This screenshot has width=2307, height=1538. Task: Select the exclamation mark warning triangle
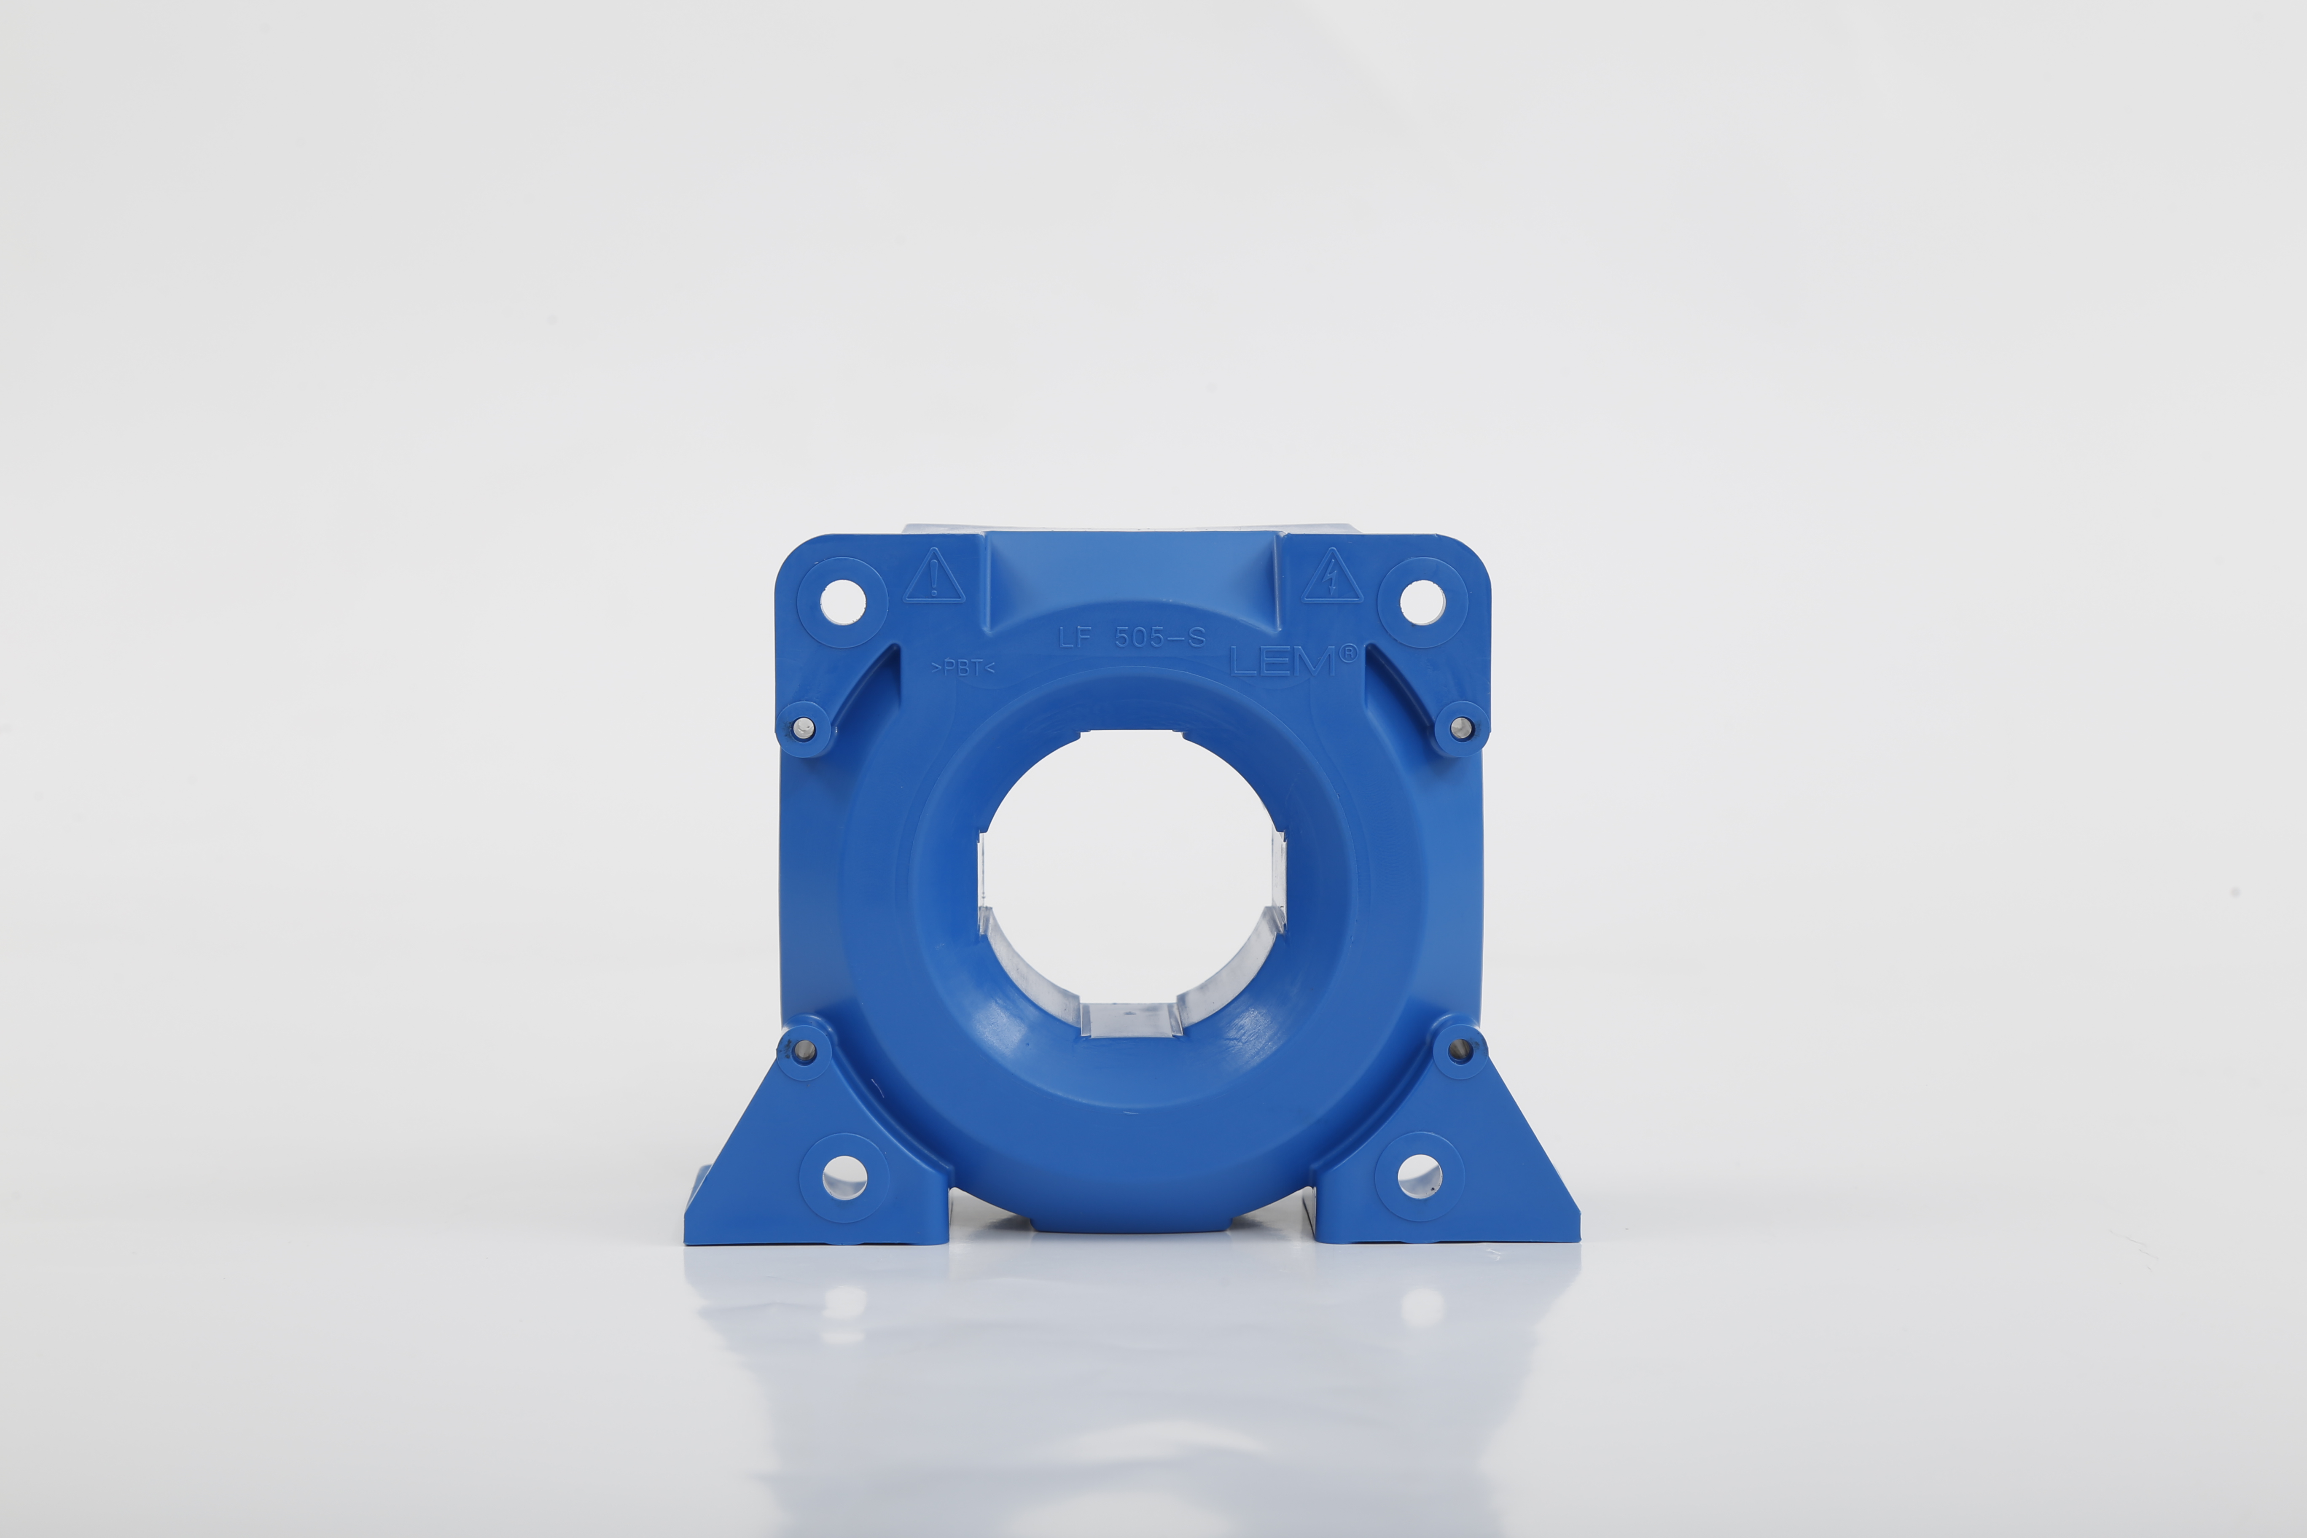tap(934, 578)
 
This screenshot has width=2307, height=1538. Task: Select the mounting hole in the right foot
tap(1419, 1177)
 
